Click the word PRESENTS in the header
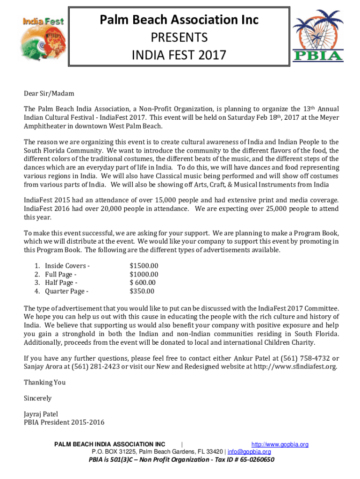click(180, 37)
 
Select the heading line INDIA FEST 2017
click(180, 56)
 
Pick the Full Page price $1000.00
click(144, 274)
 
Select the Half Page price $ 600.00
click(143, 283)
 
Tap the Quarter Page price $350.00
click(142, 291)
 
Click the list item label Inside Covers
click(65, 266)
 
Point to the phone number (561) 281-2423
click(96, 366)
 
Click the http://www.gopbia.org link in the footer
click(280, 444)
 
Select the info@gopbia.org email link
click(249, 452)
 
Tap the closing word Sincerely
click(38, 398)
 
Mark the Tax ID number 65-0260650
click(256, 459)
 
